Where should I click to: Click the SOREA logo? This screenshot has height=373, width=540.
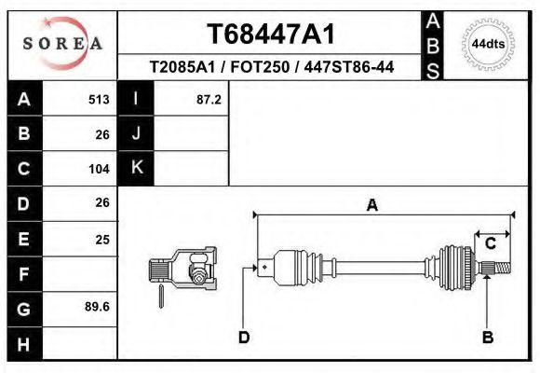click(62, 44)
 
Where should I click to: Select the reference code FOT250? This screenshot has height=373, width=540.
click(270, 69)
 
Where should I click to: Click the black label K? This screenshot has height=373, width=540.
click(136, 168)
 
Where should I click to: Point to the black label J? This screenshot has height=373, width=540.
click(136, 133)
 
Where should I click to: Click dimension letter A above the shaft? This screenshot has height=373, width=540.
click(371, 205)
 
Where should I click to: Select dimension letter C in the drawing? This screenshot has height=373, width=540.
click(490, 244)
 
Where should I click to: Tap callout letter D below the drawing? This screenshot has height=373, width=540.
click(245, 338)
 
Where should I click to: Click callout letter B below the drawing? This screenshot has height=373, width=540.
click(487, 338)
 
